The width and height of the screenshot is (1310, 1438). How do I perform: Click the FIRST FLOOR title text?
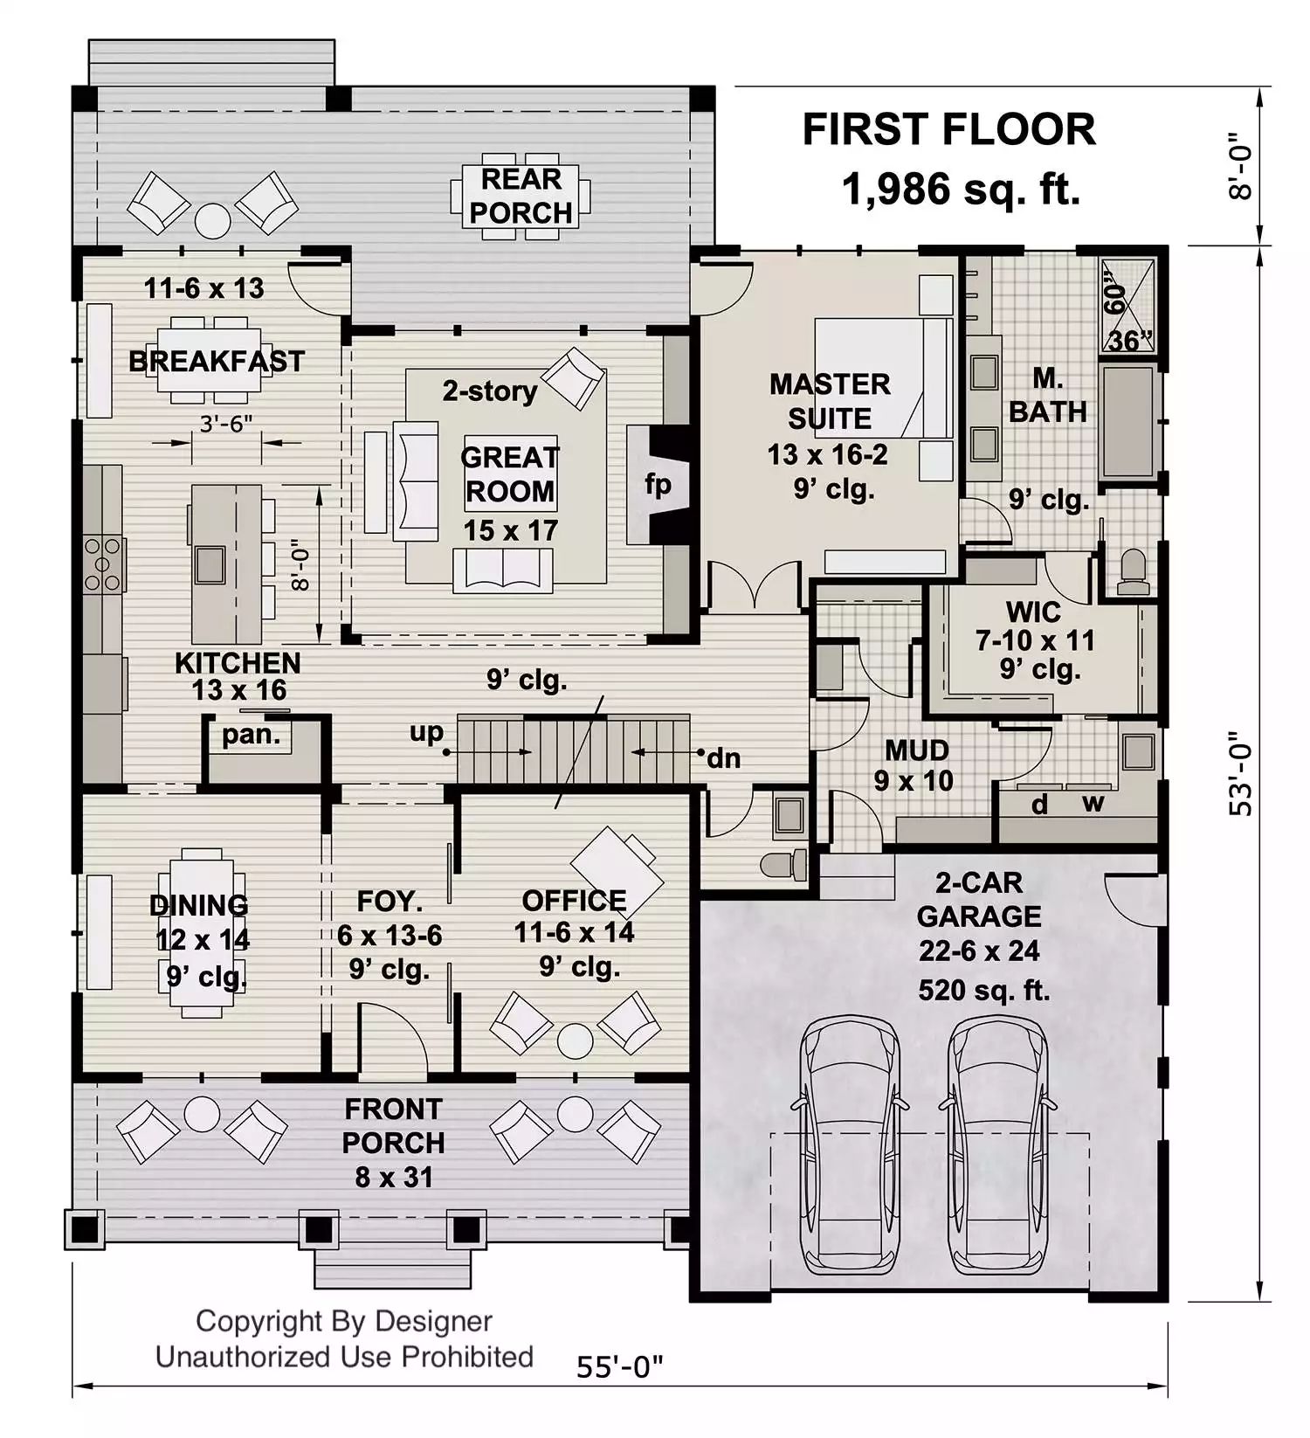948,130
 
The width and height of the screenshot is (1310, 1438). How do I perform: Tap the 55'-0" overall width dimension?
619,1366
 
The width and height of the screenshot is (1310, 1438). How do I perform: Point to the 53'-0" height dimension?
1240,774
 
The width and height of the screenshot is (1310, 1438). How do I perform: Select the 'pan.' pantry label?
252,735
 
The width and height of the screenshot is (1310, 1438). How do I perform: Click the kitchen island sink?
210,564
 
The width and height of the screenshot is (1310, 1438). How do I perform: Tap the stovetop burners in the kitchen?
102,564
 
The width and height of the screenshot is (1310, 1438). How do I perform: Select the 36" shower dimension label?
1131,340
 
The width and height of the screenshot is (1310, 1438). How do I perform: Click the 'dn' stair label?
723,758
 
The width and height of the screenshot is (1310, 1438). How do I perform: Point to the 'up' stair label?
426,733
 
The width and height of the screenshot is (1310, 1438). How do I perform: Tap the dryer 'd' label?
1039,803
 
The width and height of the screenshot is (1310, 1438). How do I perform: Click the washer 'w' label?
1093,804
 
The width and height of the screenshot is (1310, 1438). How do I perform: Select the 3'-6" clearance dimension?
226,424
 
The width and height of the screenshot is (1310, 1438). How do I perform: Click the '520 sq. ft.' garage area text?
984,990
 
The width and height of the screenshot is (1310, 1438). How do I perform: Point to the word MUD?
917,750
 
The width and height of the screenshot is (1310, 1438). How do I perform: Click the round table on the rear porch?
212,221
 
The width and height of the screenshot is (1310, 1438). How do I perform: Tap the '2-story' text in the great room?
489,391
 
